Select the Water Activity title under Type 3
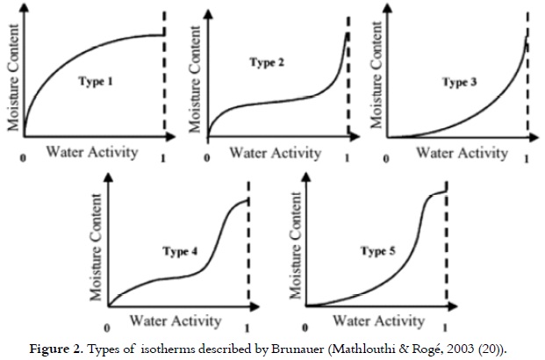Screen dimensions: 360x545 click(x=463, y=153)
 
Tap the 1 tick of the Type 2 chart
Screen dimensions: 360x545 click(x=347, y=160)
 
